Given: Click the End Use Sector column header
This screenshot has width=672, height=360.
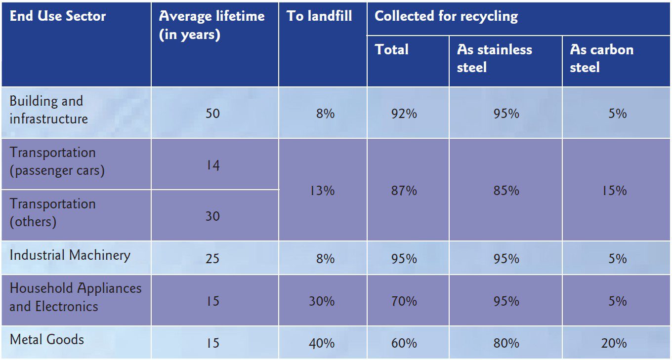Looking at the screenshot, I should [58, 16].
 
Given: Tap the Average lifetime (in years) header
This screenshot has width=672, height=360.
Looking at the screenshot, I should [211, 26].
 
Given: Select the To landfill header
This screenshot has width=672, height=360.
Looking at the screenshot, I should [319, 16].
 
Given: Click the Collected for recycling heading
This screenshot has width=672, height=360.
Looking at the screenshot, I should [446, 16].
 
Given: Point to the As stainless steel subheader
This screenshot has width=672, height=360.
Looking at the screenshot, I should [494, 58].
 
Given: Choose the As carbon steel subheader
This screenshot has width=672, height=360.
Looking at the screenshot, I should [601, 58].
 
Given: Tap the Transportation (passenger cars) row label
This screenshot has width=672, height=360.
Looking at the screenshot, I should [57, 161].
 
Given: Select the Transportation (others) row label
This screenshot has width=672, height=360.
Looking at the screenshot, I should [52, 212].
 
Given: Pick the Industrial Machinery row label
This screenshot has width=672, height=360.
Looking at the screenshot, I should [70, 255].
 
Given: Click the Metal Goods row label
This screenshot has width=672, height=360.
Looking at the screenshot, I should [47, 340].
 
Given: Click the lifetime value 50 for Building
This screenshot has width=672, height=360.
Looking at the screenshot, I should [212, 114].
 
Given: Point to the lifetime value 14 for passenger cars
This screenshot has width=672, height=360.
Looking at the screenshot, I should [212, 165].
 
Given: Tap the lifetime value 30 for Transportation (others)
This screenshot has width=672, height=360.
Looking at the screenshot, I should [212, 216].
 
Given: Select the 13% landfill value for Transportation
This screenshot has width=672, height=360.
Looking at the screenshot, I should [322, 191].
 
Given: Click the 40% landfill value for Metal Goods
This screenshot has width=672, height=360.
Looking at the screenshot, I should [322, 343].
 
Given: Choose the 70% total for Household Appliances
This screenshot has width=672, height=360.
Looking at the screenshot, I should [405, 301].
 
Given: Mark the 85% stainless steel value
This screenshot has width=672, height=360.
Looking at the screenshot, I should [506, 191].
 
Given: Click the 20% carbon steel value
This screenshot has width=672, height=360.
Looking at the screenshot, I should [614, 343].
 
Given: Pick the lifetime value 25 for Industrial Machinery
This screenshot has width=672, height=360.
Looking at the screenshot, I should [212, 259].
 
